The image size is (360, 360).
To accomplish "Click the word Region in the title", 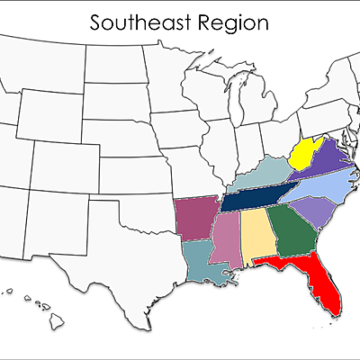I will point(233,22).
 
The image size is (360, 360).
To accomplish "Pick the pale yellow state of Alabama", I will point(258,236).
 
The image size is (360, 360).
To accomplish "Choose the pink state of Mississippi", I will point(227,239).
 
